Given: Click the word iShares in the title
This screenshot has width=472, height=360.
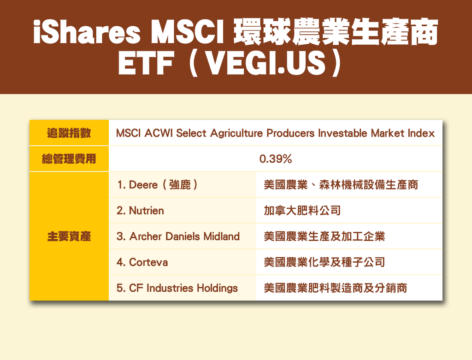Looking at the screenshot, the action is pyautogui.click(x=87, y=32).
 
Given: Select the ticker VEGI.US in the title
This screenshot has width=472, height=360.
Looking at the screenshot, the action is pyautogui.click(x=267, y=63).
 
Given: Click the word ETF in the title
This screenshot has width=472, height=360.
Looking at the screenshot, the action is pyautogui.click(x=146, y=63).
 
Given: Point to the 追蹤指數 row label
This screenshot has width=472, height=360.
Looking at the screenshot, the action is pyautogui.click(x=69, y=133).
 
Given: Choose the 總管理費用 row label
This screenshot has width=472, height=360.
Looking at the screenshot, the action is pyautogui.click(x=69, y=159).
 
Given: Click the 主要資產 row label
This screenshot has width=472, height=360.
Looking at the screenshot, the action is pyautogui.click(x=69, y=236).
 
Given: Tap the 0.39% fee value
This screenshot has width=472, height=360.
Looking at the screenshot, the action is pyautogui.click(x=276, y=159).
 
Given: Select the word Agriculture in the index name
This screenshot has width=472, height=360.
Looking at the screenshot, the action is pyautogui.click(x=236, y=133).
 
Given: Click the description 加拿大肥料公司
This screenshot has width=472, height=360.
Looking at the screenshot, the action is pyautogui.click(x=302, y=211).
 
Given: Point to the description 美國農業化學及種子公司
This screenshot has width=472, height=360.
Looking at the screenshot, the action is pyautogui.click(x=324, y=262).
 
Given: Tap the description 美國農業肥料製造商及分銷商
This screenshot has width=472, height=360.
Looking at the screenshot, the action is pyautogui.click(x=336, y=288).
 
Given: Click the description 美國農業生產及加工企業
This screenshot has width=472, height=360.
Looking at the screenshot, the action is pyautogui.click(x=324, y=236).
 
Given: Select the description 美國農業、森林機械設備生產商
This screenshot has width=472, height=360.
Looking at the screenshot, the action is pyautogui.click(x=341, y=184).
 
